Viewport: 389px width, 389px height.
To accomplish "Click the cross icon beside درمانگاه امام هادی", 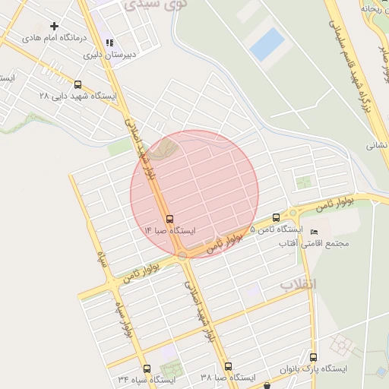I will pyautogui.click(x=54, y=26).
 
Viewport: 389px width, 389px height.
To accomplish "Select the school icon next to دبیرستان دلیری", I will pyautogui.click(x=110, y=43).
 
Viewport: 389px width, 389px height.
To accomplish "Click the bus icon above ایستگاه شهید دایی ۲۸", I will pyautogui.click(x=78, y=85).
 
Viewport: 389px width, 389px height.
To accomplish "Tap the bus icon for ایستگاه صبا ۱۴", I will pyautogui.click(x=169, y=219).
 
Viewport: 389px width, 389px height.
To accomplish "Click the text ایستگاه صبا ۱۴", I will pyautogui.click(x=169, y=229).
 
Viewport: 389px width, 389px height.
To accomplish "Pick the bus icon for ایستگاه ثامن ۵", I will pyautogui.click(x=276, y=218).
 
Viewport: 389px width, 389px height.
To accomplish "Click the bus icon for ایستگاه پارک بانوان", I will pyautogui.click(x=315, y=357).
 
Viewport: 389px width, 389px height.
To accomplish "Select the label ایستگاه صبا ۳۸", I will pyautogui.click(x=228, y=378).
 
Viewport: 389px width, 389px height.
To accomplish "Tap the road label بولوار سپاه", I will pyautogui.click(x=127, y=318).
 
